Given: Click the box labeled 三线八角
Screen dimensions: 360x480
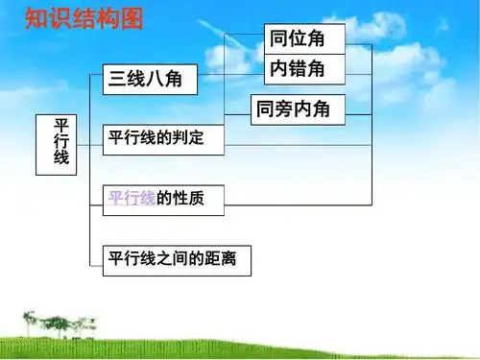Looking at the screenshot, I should pyautogui.click(x=149, y=80).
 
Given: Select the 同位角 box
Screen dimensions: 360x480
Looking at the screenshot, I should pyautogui.click(x=303, y=39).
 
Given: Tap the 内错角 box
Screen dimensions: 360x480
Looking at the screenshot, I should pyautogui.click(x=303, y=69).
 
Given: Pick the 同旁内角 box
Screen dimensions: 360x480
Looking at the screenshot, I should pyautogui.click(x=297, y=109).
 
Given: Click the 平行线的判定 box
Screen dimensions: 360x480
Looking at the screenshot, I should pyautogui.click(x=162, y=139).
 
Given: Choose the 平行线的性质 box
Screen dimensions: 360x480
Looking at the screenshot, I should pyautogui.click(x=162, y=199).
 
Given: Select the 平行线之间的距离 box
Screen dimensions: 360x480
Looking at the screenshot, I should pyautogui.click(x=176, y=258).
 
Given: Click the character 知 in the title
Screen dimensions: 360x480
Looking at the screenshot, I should pyautogui.click(x=36, y=18).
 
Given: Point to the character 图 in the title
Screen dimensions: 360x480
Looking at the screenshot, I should pyautogui.click(x=131, y=18).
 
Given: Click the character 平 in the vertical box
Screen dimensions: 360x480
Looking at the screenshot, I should pyautogui.click(x=61, y=126).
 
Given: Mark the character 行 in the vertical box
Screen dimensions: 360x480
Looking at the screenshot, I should pyautogui.click(x=61, y=143).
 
